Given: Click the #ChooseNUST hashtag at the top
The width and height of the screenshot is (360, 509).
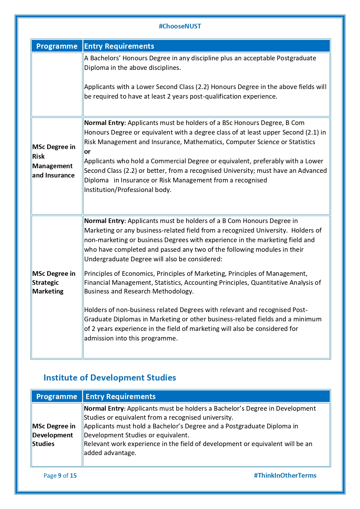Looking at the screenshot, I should coord(180,26).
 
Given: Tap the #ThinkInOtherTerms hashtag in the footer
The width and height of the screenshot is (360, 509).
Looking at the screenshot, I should coord(285,475).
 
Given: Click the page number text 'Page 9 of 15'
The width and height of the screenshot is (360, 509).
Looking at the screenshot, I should coord(60,475).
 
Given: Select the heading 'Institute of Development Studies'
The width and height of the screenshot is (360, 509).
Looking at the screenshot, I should coord(110,378).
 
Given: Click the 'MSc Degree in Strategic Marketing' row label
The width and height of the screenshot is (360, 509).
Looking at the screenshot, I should coord(54,282).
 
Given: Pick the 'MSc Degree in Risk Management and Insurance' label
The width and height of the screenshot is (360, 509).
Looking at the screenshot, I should coord(54,161).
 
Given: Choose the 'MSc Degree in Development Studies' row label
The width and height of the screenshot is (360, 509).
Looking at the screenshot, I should coord(54,435).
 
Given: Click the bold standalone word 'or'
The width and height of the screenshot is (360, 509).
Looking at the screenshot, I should coord(87,152).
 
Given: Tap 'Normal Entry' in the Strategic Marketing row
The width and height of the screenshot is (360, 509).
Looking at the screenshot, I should coord(104,221).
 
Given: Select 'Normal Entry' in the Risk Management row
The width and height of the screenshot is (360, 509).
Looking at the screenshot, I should coord(104,123).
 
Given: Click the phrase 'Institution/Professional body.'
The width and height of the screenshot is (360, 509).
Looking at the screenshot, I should coord(128,190).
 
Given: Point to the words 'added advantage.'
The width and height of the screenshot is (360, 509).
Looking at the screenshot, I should coord(110,453).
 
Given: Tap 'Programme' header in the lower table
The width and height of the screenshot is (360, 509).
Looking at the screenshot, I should coord(57,396).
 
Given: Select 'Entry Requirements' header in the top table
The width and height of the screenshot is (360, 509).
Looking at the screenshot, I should coord(119,46).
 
